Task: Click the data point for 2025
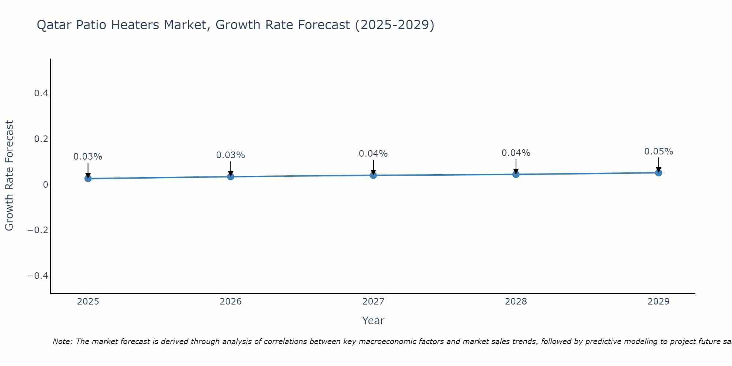88,179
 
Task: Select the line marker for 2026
231,177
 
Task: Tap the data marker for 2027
373,175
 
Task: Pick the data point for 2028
516,174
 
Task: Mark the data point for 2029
658,173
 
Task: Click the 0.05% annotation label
658,152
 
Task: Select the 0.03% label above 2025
88,157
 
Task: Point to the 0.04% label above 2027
373,154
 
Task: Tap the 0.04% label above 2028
516,153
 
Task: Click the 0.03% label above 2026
231,155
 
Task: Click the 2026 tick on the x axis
231,302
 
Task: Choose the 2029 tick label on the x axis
658,302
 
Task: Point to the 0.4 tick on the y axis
41,93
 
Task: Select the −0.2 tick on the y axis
38,230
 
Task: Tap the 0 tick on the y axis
45,184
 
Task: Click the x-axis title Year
373,321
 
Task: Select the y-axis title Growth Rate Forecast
9,176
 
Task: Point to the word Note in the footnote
62,341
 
